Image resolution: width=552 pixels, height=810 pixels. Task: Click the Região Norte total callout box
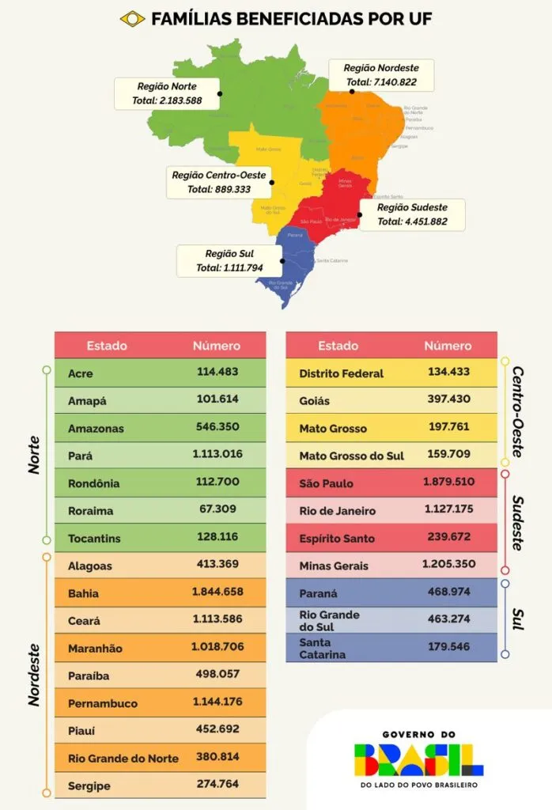(167, 93)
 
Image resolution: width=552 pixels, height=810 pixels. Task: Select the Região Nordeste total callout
(381, 74)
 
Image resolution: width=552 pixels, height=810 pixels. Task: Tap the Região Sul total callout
(229, 260)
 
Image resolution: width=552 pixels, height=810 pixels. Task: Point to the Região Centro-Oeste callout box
(219, 182)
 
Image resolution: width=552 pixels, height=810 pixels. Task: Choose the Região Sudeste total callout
(412, 214)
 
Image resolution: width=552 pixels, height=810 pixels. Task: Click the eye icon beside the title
(132, 18)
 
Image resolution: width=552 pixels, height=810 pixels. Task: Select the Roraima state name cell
(91, 511)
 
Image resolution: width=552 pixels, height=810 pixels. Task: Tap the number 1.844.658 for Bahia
(217, 591)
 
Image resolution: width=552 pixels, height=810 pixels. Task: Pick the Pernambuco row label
(103, 703)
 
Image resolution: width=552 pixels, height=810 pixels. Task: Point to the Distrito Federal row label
(341, 373)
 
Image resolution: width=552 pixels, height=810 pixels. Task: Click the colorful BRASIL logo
(418, 759)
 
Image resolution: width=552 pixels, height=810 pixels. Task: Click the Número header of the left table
(217, 346)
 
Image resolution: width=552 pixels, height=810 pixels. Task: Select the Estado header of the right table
(338, 346)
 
